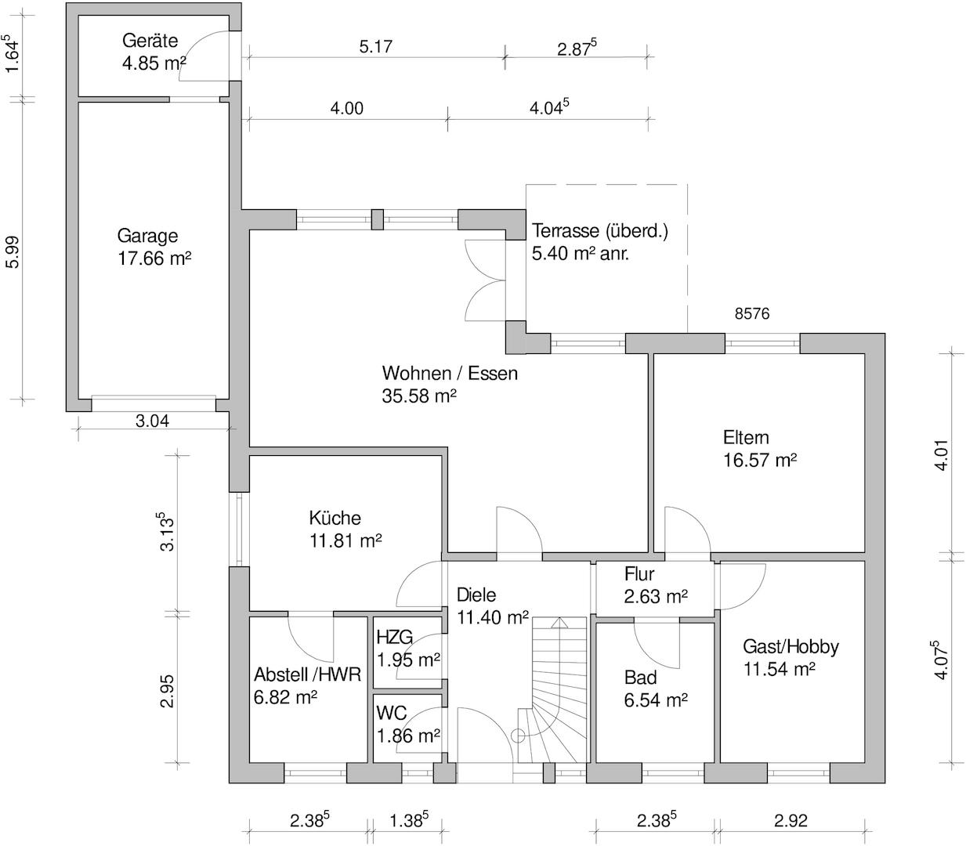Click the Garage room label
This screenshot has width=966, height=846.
pos(147,235)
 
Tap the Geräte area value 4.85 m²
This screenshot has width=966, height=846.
pos(154,63)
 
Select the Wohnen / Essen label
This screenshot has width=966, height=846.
pos(450,373)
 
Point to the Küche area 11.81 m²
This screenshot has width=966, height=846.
pos(345,540)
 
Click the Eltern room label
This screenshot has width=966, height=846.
pos(746,437)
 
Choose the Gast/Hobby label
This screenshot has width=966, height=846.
pos(791,646)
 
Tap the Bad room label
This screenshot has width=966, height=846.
pos(640,678)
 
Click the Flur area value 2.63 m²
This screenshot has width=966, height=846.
pos(656,596)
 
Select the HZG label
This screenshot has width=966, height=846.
pos(394,637)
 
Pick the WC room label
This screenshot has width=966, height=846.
pos(391,714)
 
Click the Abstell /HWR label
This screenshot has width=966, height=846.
pos(307,674)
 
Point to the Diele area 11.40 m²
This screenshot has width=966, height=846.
pos(492,617)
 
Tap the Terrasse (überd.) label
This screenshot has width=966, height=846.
pos(599,231)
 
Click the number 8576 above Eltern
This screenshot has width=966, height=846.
pos(752,314)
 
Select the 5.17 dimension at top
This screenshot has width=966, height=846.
pos(375,46)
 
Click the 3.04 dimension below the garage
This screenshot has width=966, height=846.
pos(152,421)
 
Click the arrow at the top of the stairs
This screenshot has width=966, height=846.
pos(559,624)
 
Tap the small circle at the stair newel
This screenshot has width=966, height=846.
pos(517,735)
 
